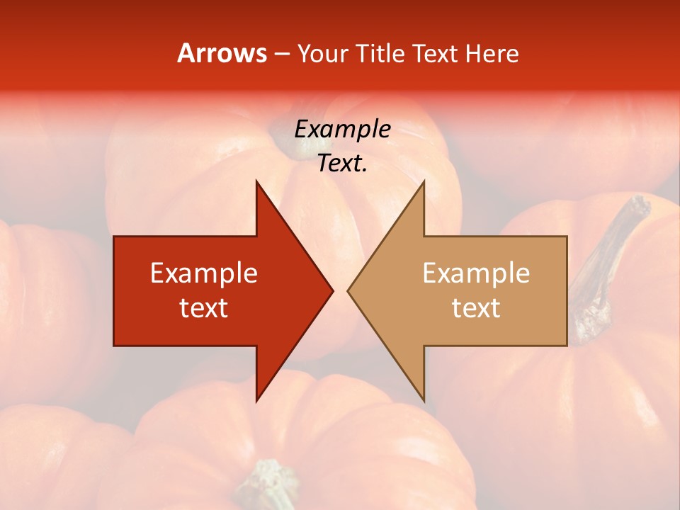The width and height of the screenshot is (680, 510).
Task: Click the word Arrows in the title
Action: (x=222, y=53)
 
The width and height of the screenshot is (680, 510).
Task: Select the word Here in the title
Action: (x=492, y=53)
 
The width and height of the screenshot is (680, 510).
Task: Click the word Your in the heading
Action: (x=323, y=53)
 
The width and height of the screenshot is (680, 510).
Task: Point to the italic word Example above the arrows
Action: (x=342, y=129)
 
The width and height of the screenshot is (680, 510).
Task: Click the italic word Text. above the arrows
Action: (x=342, y=164)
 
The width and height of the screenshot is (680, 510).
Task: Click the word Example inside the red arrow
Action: (x=204, y=273)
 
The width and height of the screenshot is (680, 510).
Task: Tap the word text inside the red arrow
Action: (x=204, y=308)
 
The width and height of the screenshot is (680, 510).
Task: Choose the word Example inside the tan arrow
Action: (x=476, y=273)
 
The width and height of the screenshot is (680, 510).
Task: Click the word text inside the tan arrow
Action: (x=476, y=308)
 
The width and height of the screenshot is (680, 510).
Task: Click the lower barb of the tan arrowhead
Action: (x=422, y=393)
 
